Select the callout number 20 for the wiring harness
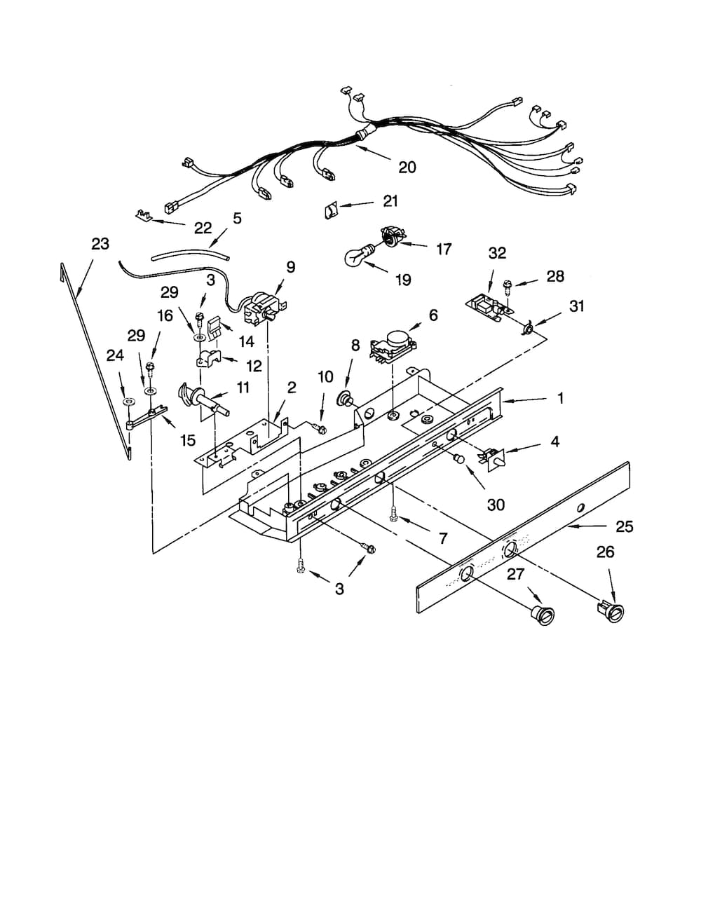[x=407, y=167]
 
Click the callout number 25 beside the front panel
[x=624, y=526]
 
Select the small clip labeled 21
[x=329, y=210]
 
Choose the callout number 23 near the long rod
[x=100, y=244]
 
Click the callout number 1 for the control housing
[x=560, y=398]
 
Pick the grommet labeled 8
[x=346, y=399]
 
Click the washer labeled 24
[x=128, y=402]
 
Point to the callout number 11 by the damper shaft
[x=243, y=388]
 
